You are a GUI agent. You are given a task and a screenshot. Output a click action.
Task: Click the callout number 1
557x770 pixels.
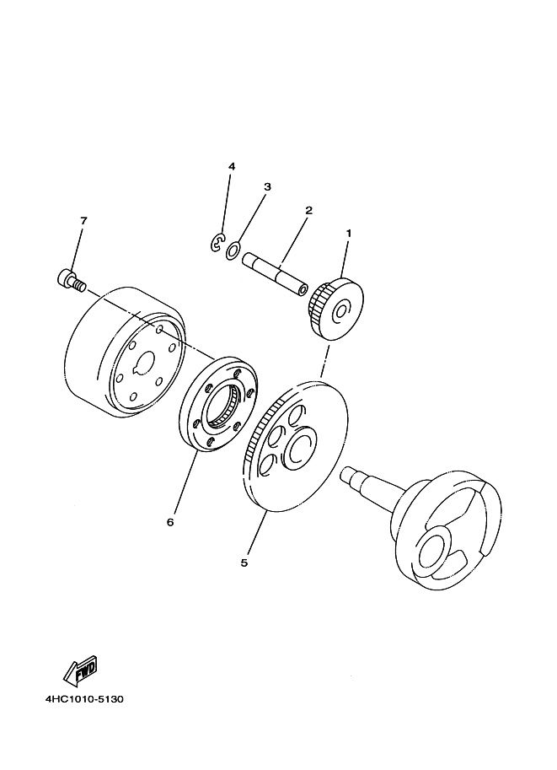(349, 234)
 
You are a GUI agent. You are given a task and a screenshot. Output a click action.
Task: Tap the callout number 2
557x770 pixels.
(308, 210)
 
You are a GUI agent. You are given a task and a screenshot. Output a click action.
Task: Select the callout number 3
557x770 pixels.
(267, 187)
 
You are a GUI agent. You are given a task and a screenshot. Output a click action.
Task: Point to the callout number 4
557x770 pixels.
(232, 166)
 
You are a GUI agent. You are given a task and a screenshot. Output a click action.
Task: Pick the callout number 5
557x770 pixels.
(244, 563)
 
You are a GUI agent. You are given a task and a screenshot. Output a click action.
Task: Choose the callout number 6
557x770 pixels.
(170, 522)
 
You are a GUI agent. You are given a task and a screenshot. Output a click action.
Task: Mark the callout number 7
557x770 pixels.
(83, 221)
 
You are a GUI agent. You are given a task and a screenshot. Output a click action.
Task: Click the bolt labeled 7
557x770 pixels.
(71, 280)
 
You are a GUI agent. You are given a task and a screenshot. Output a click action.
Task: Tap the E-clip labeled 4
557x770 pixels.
(217, 243)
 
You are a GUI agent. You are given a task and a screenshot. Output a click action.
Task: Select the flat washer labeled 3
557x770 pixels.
(233, 250)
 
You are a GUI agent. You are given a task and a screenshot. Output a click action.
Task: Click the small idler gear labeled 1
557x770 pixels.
(335, 309)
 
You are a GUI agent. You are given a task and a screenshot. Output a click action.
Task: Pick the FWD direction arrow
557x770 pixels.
(81, 670)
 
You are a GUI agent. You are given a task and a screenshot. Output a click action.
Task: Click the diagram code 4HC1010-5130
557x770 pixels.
(84, 699)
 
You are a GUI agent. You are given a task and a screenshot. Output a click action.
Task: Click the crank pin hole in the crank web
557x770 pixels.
(434, 552)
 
